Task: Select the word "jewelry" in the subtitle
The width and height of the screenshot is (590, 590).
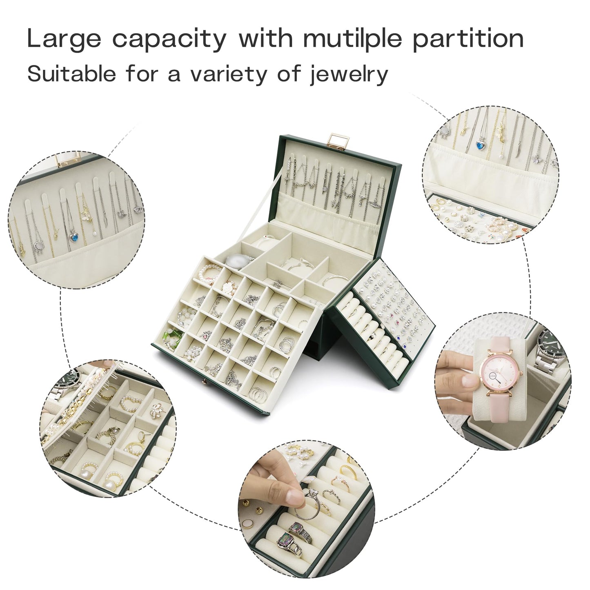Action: pos(349,74)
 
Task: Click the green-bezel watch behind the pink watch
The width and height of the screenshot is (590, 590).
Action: pos(550,345)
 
